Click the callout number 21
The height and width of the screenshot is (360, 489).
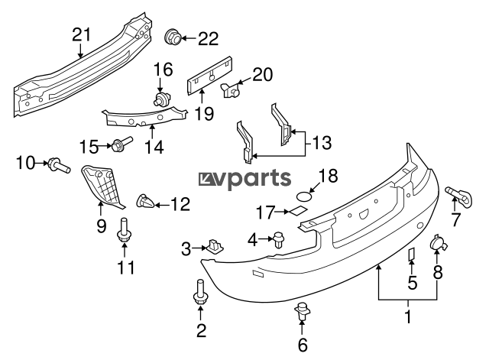(x=80, y=34)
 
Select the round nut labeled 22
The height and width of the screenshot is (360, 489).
(x=174, y=36)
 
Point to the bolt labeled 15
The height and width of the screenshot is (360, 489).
(x=121, y=144)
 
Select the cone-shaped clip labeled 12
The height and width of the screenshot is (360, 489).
(x=144, y=203)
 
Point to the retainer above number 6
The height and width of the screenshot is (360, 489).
(x=303, y=311)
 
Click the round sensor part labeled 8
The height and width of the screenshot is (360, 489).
(x=438, y=243)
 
